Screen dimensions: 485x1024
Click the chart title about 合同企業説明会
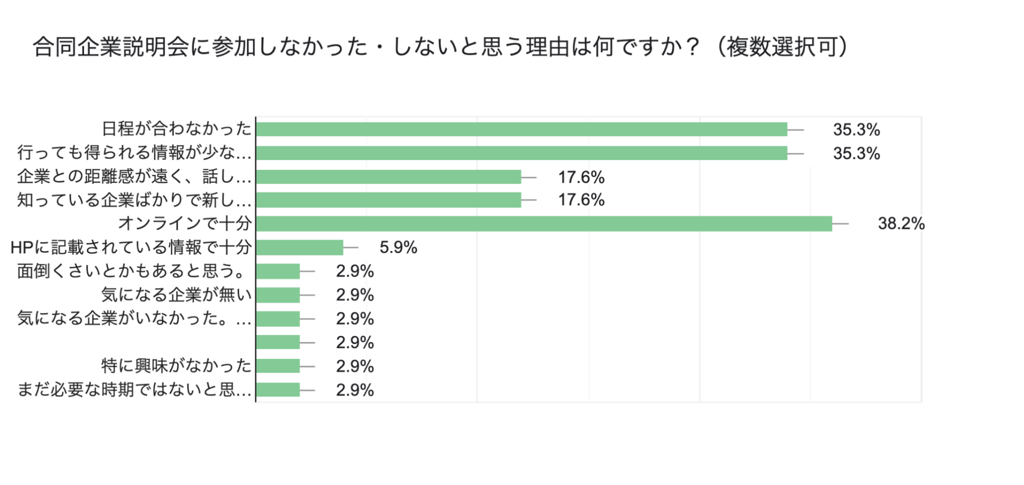[440, 47]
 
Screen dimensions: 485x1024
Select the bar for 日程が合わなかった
[521, 130]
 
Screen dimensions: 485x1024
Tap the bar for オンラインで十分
[544, 224]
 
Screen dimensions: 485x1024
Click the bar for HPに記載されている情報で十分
[300, 248]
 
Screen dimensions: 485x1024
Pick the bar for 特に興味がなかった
[278, 366]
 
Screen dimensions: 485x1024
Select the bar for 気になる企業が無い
[278, 295]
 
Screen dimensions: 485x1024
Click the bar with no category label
[278, 342]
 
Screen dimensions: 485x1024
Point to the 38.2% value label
[901, 224]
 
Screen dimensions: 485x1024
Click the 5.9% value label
[398, 248]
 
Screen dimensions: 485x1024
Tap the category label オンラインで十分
[185, 223]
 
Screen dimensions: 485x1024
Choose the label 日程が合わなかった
[177, 129]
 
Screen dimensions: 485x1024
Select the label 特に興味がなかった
[177, 366]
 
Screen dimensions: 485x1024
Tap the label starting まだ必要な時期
[134, 390]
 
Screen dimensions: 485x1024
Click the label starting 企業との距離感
[134, 177]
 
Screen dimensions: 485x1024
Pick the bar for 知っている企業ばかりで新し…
[388, 200]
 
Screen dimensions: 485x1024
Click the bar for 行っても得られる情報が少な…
[521, 153]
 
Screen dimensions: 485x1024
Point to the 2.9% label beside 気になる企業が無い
[355, 295]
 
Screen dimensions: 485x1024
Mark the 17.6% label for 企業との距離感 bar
[581, 177]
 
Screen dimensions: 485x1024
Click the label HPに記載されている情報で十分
[131, 247]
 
